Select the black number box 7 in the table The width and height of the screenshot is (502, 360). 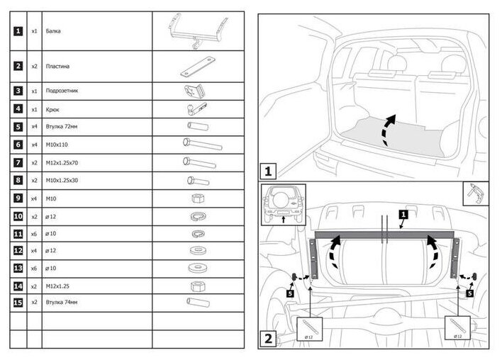tap(18, 163)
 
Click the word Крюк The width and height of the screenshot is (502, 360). tap(52, 109)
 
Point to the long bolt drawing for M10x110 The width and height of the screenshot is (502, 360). tap(201, 145)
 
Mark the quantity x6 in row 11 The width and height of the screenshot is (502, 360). tap(35, 234)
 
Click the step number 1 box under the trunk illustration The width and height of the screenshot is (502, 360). tap(267, 171)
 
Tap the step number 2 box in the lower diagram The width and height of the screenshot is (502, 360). tap(267, 338)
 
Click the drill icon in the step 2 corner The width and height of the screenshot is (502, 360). tap(474, 193)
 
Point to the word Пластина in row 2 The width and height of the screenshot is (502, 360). tap(57, 66)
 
